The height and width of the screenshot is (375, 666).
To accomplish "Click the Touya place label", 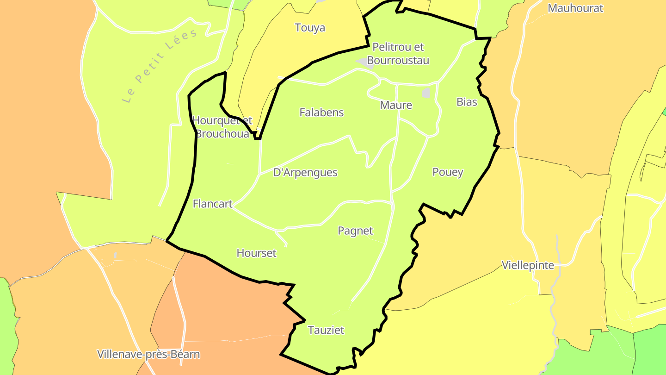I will [x=310, y=28].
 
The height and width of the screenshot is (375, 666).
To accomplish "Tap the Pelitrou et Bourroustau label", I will [x=398, y=54].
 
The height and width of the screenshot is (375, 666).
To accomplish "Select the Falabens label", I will [x=321, y=112].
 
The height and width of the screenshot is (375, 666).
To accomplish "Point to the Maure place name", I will [x=396, y=105].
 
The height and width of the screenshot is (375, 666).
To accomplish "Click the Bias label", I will [x=467, y=102].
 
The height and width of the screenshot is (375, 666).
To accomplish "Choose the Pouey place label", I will [x=448, y=172].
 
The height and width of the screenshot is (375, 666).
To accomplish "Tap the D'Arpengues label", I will [x=305, y=173].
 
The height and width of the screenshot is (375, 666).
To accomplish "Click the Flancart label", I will [x=212, y=204].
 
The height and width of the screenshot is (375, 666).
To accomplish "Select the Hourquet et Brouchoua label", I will [x=222, y=127].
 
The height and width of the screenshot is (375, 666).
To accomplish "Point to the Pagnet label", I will [x=355, y=231].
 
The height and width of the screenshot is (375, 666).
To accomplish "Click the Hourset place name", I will [x=256, y=253].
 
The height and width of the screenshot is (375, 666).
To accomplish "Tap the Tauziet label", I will [x=326, y=330].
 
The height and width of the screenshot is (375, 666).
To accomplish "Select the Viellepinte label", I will [x=528, y=265].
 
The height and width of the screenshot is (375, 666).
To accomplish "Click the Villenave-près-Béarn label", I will [x=148, y=355].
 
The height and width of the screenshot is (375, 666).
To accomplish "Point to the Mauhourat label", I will [x=575, y=8].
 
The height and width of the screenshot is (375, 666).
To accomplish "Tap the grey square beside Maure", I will [x=426, y=93].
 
